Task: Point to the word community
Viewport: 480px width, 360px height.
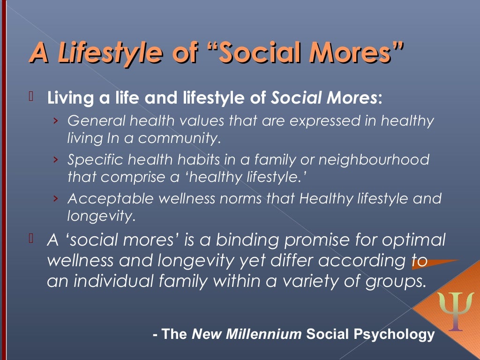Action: click(x=180, y=138)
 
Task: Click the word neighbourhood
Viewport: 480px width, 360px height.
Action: click(x=374, y=160)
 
